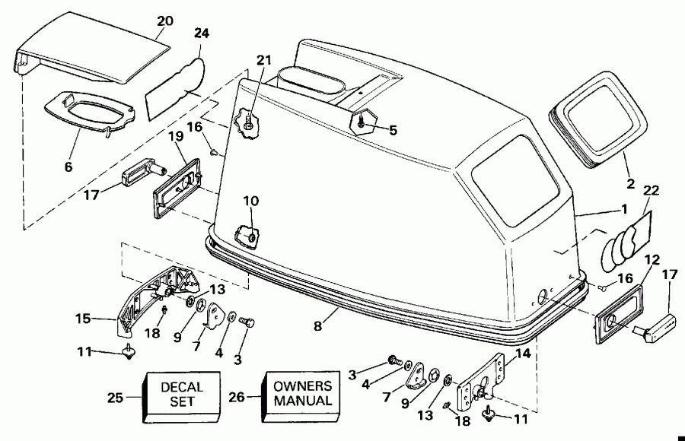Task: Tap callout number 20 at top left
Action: click(164, 21)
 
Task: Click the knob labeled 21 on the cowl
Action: click(247, 122)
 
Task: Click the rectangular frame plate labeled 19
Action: click(177, 183)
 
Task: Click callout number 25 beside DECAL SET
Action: click(115, 397)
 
